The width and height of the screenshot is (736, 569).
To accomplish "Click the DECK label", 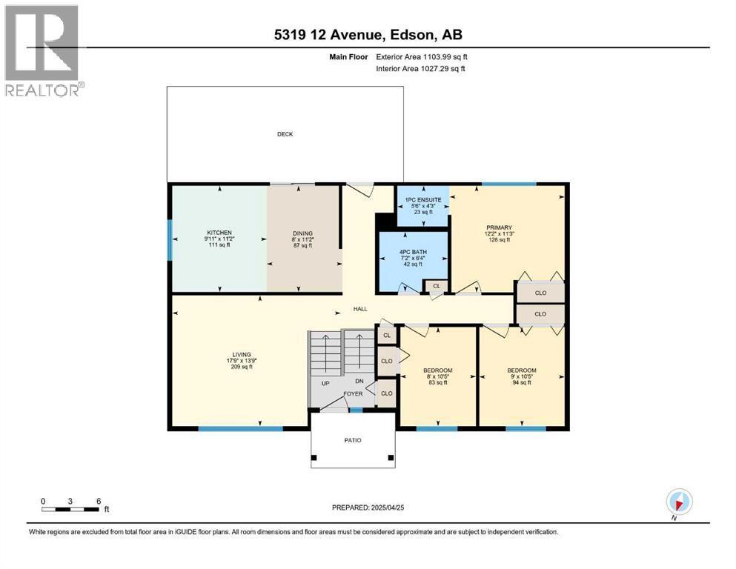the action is pos(285,134).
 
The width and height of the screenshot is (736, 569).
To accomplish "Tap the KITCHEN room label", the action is pos(219,233).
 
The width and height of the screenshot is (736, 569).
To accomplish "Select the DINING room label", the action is pos(302,233).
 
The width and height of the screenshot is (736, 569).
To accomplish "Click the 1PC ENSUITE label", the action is pos(423,200).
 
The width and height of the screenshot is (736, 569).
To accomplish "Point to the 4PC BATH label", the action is pos(413,252).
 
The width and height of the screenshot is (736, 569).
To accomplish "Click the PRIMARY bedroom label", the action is pos(499,227).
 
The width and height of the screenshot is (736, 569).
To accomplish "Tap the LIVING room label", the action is pos(242,355).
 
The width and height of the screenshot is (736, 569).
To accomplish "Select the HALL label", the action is pos(360,309).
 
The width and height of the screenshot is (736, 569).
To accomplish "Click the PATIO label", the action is pos(353,441).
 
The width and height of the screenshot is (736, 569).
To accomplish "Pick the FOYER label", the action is pos(353,394).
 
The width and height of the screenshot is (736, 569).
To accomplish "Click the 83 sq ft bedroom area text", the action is pos(438,383).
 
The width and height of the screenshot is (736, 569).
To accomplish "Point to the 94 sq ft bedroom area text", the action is pos(522,383).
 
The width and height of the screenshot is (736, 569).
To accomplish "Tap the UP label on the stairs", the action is pos(325,383).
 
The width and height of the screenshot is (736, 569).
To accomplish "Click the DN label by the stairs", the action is pos(359,382).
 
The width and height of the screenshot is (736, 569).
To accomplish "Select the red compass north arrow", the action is pos(678,505).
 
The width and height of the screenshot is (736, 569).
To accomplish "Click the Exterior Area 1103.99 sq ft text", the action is pos(422,57).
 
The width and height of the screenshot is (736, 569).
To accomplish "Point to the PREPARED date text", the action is pos(368,508).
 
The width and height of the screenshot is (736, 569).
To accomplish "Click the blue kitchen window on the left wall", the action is pos(170,240).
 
